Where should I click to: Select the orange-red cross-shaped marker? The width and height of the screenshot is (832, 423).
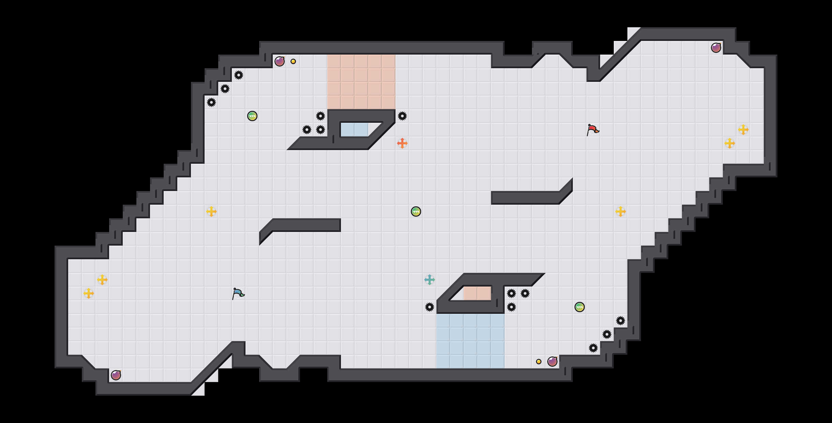[x=402, y=143]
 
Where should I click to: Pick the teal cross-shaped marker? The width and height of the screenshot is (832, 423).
[x=430, y=280]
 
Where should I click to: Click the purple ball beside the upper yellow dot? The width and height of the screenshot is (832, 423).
[x=280, y=61]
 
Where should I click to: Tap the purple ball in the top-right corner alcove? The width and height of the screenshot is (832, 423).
[x=716, y=48]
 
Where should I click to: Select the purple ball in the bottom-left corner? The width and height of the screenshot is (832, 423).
[x=116, y=375]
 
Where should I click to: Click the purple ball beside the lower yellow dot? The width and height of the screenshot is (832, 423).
[x=552, y=362]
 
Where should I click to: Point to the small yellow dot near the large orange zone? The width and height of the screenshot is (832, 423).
[x=293, y=61]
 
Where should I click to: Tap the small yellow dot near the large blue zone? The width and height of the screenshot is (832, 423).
[x=539, y=362]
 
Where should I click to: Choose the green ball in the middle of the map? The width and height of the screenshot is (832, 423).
[x=416, y=211]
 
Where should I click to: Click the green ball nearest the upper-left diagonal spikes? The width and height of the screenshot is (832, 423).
[x=252, y=116]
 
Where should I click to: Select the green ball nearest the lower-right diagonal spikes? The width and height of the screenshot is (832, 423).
[x=580, y=307]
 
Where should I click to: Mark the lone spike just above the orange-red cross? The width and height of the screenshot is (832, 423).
[x=402, y=116]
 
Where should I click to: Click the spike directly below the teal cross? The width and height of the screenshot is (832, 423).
[x=430, y=307]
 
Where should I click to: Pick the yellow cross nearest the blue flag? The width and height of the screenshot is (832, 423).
[x=211, y=211]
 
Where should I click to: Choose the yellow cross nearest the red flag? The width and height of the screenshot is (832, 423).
[x=621, y=211]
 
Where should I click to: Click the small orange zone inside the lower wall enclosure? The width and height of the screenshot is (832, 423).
[x=477, y=293]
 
